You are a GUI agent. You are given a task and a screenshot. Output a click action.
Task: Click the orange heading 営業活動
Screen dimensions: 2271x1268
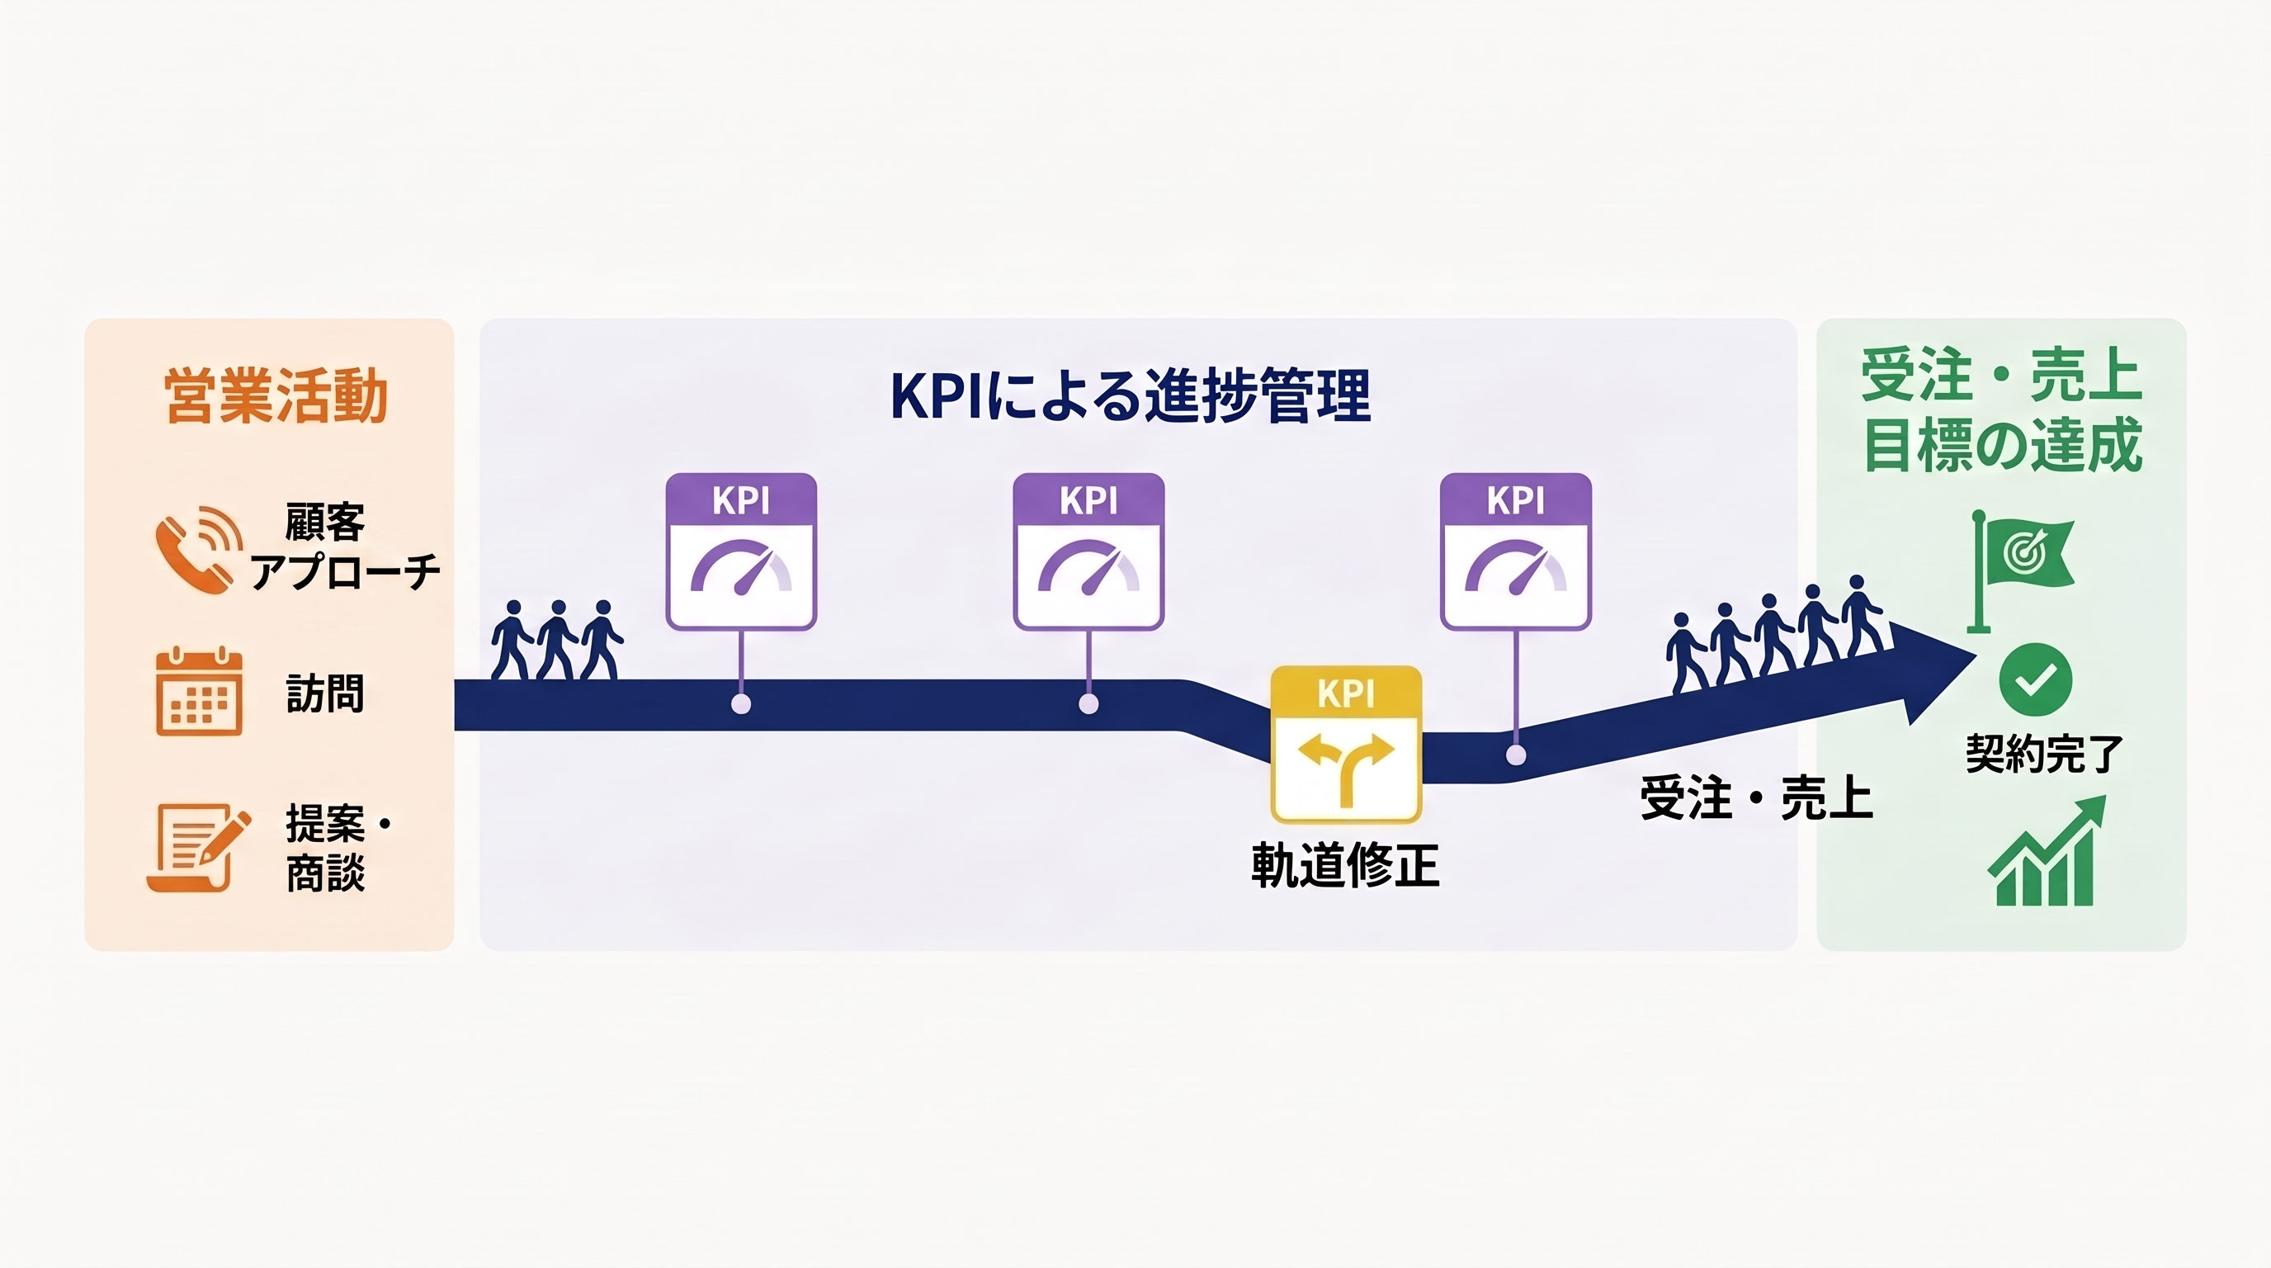tap(276, 396)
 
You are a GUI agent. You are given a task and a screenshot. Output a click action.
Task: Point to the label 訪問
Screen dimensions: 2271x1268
tap(324, 693)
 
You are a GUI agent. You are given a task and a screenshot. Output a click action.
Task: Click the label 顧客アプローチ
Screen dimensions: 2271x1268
tap(345, 546)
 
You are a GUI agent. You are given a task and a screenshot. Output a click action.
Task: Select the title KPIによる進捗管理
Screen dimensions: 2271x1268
tap(1131, 396)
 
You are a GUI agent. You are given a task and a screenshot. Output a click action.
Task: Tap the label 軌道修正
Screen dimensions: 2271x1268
tap(1345, 865)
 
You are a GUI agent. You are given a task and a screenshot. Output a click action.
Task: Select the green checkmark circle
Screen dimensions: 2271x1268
tap(2035, 679)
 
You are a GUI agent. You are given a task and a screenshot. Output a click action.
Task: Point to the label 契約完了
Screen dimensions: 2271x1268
tap(2044, 754)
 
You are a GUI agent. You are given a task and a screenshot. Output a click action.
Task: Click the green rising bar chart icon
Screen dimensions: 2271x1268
tap(2047, 851)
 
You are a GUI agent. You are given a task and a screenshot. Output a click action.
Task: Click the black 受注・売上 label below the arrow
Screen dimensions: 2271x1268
tap(1756, 798)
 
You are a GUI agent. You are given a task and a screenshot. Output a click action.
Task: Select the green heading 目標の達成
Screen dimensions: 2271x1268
tap(2002, 445)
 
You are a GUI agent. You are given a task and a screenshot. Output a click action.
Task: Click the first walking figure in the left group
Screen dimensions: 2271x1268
tap(512, 640)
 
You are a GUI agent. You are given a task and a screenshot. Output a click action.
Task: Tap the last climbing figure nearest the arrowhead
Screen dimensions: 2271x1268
tap(1862, 615)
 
